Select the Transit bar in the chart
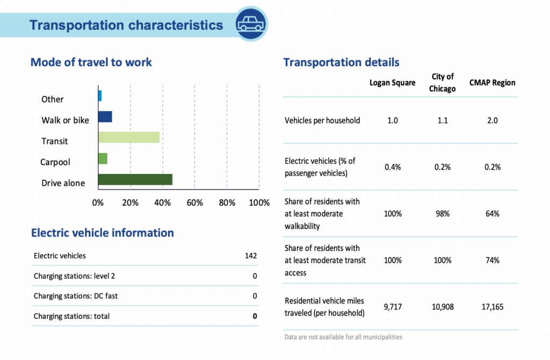[x=129, y=138]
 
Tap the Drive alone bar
[x=135, y=179]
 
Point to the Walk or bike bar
[x=105, y=117]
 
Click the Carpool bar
[x=103, y=159]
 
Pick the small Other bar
[x=100, y=96]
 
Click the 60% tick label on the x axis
[x=194, y=203]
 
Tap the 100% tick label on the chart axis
[x=260, y=203]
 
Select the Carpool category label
[x=55, y=162]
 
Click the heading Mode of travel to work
[x=91, y=62]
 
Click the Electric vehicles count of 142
[x=250, y=256]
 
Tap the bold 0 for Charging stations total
[x=255, y=316]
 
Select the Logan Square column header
[x=392, y=83]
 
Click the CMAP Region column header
[x=492, y=83]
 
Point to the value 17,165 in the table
[x=492, y=307]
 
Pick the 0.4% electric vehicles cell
[x=392, y=167]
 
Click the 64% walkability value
[x=492, y=214]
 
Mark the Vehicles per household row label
[x=322, y=120]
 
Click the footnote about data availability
[x=343, y=337]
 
